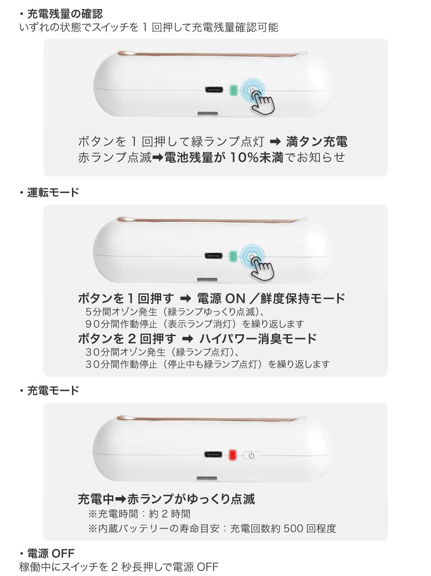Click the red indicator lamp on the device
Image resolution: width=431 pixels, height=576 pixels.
(x=232, y=455)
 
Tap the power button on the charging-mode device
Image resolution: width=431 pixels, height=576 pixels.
(x=251, y=455)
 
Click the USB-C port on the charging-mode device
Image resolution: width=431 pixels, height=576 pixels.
(x=213, y=455)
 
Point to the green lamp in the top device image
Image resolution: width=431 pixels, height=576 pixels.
(x=233, y=90)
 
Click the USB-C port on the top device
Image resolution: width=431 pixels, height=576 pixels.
(x=214, y=90)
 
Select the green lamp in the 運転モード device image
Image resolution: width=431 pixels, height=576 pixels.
(x=233, y=256)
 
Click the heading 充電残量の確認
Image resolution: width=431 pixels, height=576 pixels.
(x=65, y=14)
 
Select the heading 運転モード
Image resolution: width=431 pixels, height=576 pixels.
(x=53, y=192)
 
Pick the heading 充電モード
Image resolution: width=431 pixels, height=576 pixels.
(x=53, y=390)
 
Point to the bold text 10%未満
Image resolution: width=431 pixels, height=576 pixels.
(x=256, y=157)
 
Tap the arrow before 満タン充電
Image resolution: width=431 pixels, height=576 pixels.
(x=275, y=142)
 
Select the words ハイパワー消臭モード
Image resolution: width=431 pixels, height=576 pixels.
(x=258, y=339)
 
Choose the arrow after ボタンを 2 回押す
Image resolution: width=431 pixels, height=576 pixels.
(x=187, y=339)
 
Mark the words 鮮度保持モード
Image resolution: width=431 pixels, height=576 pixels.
(x=303, y=299)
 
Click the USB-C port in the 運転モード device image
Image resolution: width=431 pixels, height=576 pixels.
(x=214, y=255)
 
